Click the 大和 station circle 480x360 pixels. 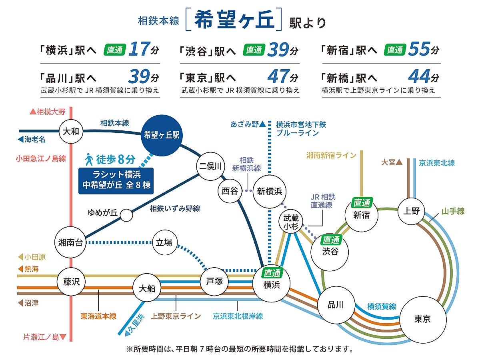[x=71, y=131]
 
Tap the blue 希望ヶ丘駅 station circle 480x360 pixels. [x=162, y=136]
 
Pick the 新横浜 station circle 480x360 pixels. [x=270, y=191]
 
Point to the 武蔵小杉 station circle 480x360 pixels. [x=292, y=222]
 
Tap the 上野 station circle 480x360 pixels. [x=412, y=210]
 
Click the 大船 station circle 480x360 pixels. [x=147, y=288]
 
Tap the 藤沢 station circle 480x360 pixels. [x=72, y=282]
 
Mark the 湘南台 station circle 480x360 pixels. [x=70, y=242]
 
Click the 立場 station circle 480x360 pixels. [x=164, y=242]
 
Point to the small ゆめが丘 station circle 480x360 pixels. [x=126, y=215]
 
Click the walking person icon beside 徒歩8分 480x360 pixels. [x=89, y=160]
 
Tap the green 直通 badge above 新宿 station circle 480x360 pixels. [x=362, y=203]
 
